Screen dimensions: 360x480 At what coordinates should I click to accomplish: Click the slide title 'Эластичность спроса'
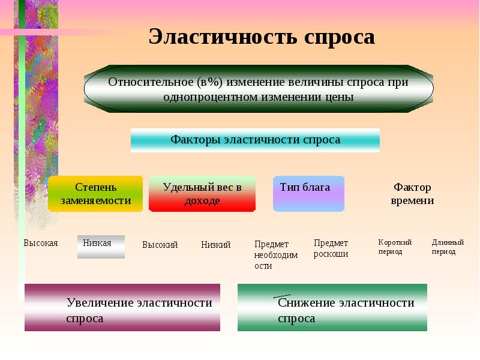tap(262, 37)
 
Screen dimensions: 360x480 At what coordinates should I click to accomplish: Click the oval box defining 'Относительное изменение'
tap(259, 89)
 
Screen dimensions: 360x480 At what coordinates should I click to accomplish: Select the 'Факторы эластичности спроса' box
tap(255, 140)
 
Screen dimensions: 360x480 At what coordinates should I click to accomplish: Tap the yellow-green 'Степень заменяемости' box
tap(95, 194)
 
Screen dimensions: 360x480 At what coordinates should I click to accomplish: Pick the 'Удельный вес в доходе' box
tap(202, 194)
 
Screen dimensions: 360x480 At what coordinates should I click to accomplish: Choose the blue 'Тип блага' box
tap(308, 194)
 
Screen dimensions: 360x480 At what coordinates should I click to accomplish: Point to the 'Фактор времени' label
tap(412, 194)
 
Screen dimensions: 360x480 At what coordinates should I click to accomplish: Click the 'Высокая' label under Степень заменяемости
tap(41, 243)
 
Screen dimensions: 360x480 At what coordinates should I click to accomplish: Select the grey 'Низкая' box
tap(101, 247)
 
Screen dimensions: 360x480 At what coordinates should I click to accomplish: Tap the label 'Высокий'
tap(160, 245)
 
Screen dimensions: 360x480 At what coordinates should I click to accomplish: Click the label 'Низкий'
tap(216, 245)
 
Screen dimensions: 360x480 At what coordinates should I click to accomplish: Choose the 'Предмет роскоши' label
tap(331, 248)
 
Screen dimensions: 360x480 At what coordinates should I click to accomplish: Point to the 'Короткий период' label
tap(395, 247)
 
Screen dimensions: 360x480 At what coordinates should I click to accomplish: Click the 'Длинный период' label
tap(448, 247)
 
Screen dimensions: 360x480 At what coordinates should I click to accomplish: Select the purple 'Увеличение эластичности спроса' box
tap(122, 308)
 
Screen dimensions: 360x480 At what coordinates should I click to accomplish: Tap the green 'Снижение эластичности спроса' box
tap(332, 308)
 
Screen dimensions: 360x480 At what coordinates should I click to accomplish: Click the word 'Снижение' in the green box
tap(307, 303)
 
